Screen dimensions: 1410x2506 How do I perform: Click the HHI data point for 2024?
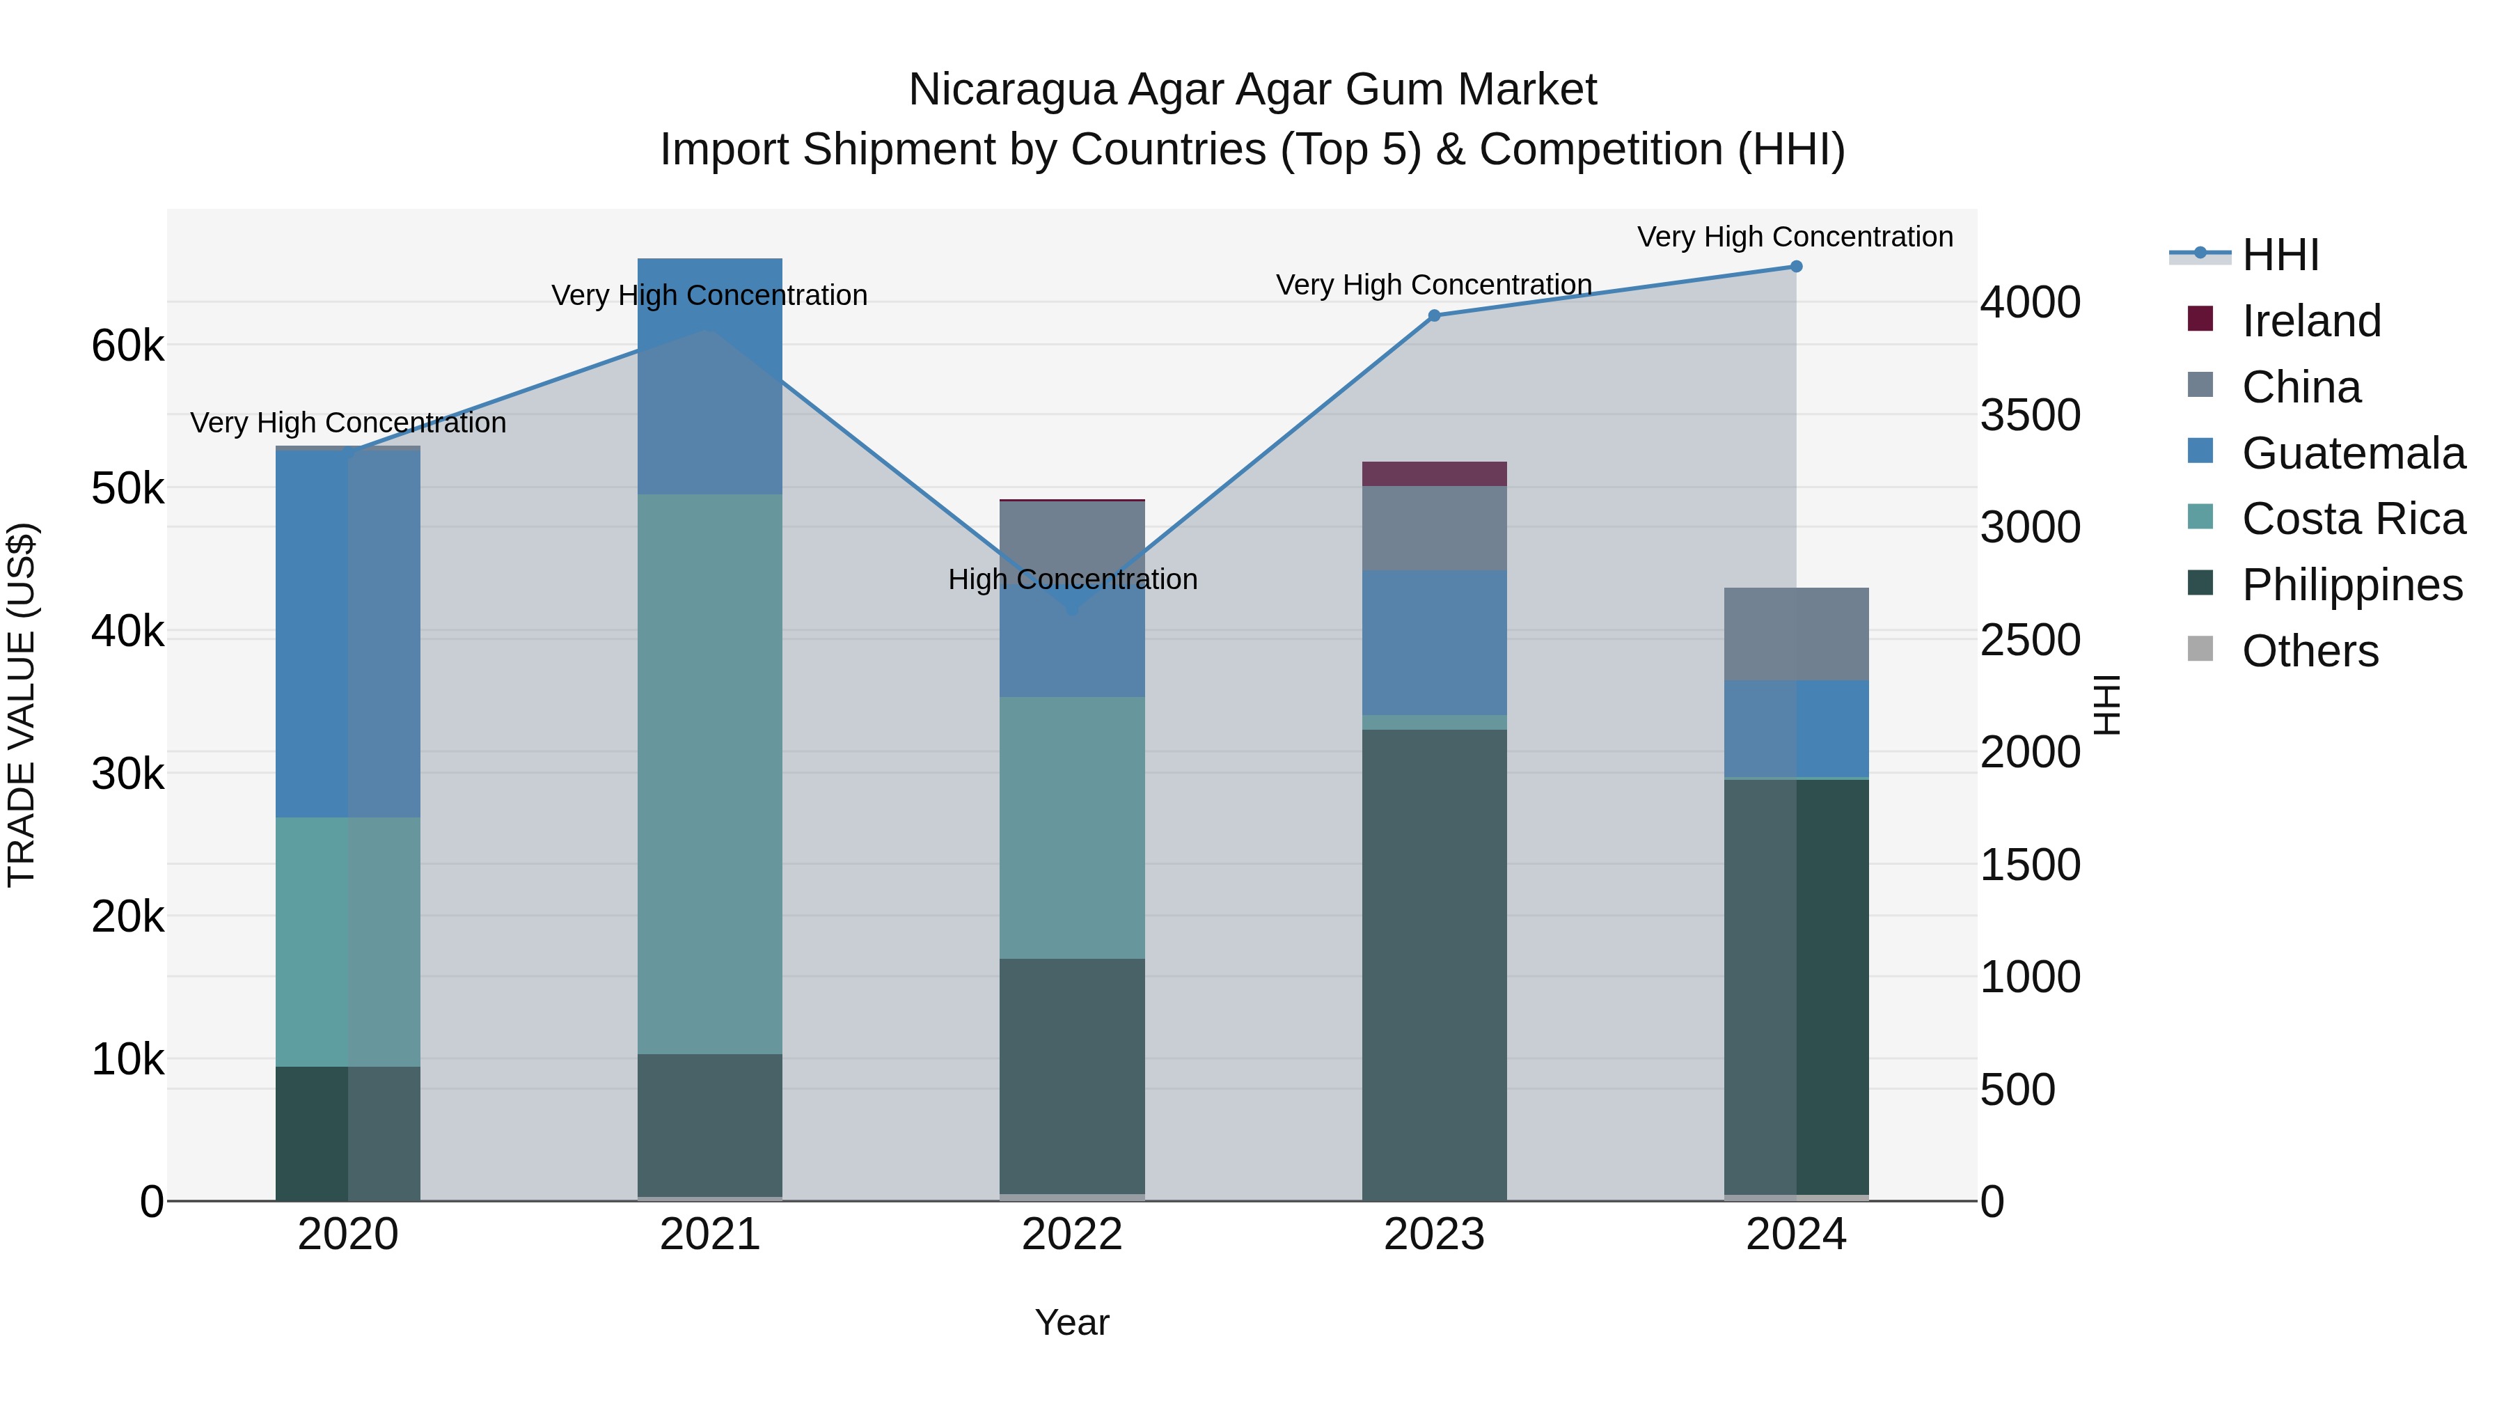tap(1796, 267)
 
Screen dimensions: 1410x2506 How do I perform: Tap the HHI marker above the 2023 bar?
tap(1434, 315)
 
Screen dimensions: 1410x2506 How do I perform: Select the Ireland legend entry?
tap(2310, 321)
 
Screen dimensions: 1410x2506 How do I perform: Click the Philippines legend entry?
tap(2351, 585)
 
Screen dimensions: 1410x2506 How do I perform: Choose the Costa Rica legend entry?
tap(2354, 519)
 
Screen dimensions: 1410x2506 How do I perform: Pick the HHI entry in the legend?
tap(2279, 255)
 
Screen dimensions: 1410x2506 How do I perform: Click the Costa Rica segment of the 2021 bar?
tap(710, 774)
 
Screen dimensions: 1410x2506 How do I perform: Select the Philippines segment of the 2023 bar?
tap(1434, 964)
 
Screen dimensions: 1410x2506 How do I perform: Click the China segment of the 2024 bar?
tap(1796, 634)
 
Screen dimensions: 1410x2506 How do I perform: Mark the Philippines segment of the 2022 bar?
tap(1072, 1075)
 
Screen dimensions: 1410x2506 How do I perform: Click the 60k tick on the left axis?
tap(127, 345)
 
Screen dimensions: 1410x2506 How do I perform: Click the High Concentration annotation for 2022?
tap(1072, 580)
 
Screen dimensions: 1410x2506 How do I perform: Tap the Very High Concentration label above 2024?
tap(1795, 237)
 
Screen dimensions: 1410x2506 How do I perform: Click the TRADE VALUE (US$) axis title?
tap(22, 705)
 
